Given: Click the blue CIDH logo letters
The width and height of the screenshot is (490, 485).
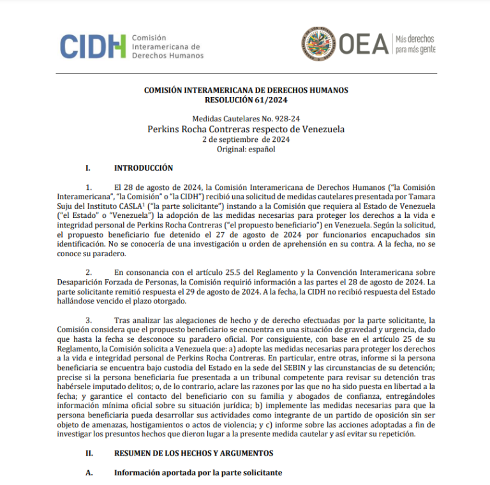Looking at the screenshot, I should tap(93, 46).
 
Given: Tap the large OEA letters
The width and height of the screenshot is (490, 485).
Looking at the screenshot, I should tap(364, 44).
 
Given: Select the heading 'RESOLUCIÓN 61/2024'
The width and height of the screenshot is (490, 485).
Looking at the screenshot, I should tap(246, 100).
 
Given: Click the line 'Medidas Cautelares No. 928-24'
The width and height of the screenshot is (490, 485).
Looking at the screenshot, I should tap(246, 119).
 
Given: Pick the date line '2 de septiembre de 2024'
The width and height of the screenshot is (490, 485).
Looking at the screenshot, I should tap(246, 139).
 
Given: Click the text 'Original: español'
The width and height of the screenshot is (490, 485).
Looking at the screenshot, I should tap(246, 149).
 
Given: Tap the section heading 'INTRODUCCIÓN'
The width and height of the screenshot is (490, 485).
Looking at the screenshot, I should tap(144, 168).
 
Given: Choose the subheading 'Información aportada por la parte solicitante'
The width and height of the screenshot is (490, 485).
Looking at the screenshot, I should tap(198, 473).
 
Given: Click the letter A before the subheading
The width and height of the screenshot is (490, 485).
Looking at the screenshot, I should tap(89, 473).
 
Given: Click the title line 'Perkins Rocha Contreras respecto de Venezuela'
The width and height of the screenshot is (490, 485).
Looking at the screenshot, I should tap(246, 128).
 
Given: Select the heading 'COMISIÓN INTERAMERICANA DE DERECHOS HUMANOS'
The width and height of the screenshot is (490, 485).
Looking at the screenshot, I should tap(246, 91).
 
